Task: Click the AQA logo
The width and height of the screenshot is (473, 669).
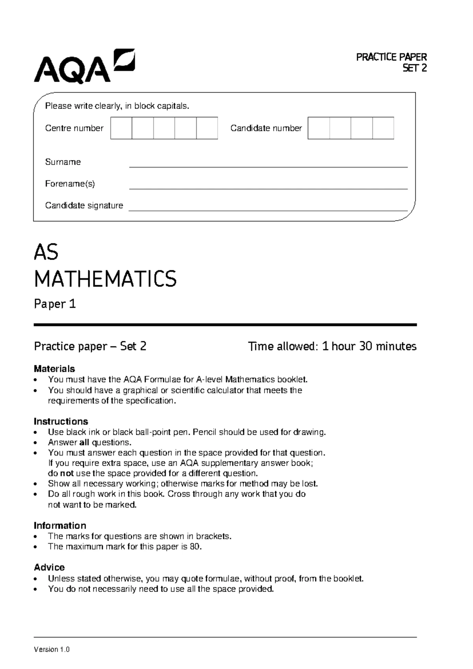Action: point(84,66)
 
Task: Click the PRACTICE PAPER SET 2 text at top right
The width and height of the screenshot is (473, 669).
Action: point(391,63)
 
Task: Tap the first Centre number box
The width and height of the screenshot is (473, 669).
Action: point(121,128)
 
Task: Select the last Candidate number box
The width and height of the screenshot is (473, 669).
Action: point(383,128)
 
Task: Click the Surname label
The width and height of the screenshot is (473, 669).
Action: point(63,162)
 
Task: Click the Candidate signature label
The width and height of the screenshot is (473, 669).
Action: point(84,206)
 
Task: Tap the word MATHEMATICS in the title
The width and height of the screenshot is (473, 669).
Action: point(105,279)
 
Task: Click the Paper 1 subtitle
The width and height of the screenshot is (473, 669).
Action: point(55,304)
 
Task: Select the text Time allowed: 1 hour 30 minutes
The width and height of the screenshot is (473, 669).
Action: point(332,346)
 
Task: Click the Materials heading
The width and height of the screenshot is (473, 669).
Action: point(54,369)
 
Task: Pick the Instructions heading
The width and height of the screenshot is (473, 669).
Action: point(61,421)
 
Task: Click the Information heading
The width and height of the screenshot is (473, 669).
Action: point(60,525)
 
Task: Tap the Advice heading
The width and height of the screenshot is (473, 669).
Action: point(49,567)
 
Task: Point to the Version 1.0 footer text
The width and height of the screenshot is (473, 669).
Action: point(52,650)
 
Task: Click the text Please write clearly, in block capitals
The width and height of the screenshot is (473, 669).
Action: point(117,106)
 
